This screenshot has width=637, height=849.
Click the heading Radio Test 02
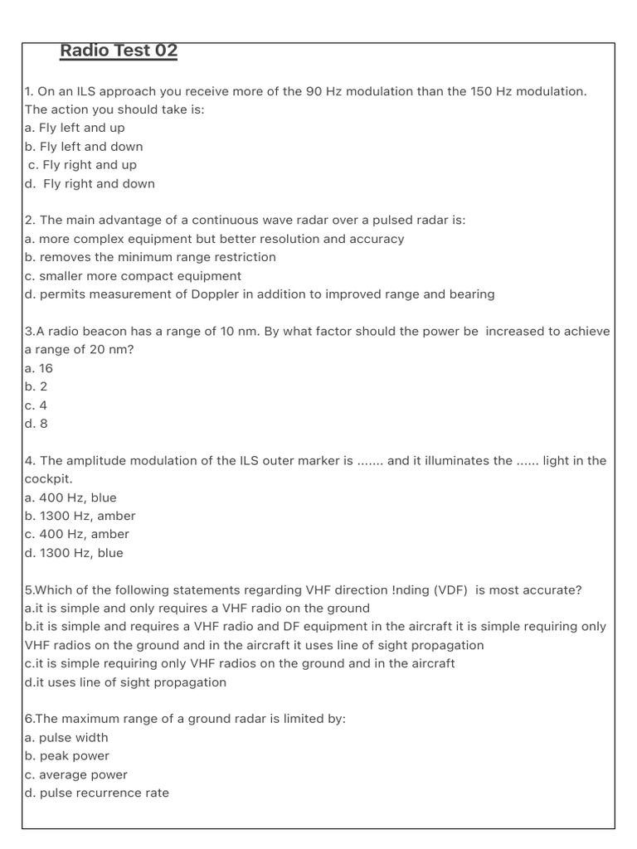click(119, 51)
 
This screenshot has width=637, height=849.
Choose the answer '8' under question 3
click(43, 424)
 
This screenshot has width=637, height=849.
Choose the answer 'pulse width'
click(74, 738)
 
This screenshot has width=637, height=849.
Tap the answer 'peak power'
click(74, 756)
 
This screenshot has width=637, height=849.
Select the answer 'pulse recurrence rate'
click(104, 793)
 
